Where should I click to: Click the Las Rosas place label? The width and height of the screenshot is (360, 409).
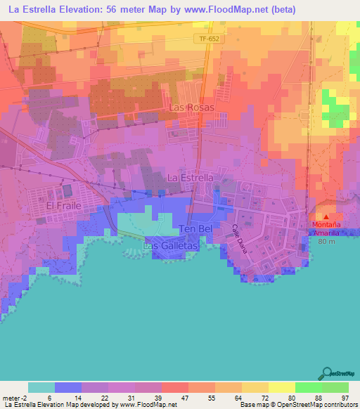tap(191, 108)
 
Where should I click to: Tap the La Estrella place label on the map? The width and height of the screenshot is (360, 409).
tap(191, 178)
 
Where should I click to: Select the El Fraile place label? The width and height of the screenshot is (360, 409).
tap(64, 206)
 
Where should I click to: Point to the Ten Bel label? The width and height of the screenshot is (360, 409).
tap(195, 229)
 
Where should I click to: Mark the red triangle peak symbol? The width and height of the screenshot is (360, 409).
tap(326, 216)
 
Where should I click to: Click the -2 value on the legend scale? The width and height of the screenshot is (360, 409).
tap(24, 397)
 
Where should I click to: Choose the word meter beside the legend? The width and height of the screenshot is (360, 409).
tap(10, 397)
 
